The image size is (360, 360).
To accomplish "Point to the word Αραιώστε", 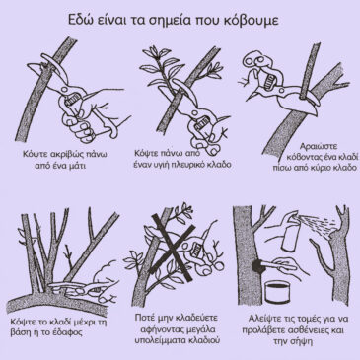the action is point(315,146).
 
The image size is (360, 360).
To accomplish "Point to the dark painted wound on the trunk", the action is point(257,266).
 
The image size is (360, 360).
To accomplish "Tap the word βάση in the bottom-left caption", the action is point(21,332).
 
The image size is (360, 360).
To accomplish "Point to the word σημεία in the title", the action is point(155,21).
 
